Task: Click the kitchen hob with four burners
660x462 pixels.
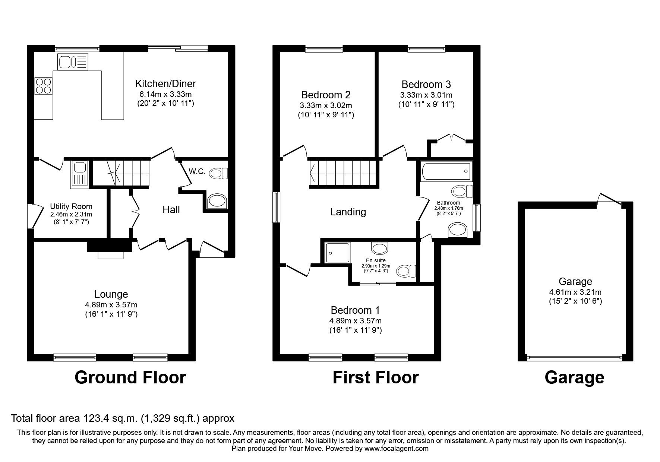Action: coord(43,86)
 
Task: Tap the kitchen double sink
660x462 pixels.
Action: coord(73,61)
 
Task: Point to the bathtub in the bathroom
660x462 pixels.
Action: coord(446,171)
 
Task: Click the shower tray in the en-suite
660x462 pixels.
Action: coord(337,253)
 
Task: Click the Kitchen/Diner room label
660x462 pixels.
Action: coord(165,83)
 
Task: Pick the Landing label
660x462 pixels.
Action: coord(348,212)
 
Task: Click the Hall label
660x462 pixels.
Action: coord(171,210)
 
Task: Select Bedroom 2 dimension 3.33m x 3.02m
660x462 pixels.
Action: coord(326,105)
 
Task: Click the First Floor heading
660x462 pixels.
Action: coord(375,377)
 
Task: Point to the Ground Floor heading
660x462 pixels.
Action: coord(130,377)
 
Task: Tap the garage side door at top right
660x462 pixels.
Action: coord(609,199)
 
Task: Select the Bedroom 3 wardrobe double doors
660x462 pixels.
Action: coord(451,138)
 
